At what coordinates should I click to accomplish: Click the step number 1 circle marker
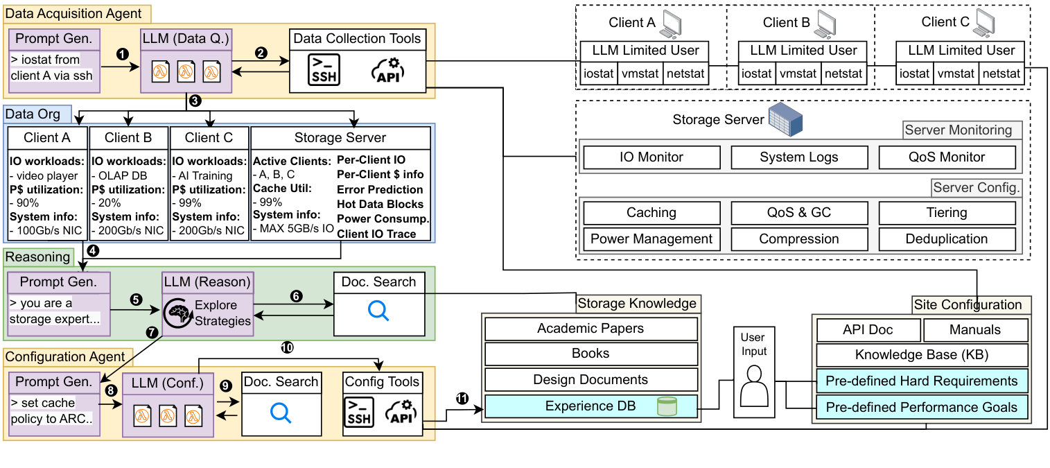tap(124, 53)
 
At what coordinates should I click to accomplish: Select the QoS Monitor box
tap(947, 157)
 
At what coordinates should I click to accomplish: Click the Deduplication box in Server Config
tap(947, 239)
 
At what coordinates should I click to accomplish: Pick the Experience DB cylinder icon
tap(666, 406)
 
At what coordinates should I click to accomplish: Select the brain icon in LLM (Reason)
tap(177, 313)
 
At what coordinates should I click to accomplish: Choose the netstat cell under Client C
tap(1001, 73)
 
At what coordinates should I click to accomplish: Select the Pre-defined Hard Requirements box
tap(921, 381)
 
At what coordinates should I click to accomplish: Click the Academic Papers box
tap(590, 328)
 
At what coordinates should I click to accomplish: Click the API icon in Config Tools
tap(402, 413)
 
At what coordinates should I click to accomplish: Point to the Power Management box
tap(651, 239)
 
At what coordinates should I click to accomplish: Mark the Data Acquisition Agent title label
tap(73, 13)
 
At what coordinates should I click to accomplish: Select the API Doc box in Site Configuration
tap(869, 330)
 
